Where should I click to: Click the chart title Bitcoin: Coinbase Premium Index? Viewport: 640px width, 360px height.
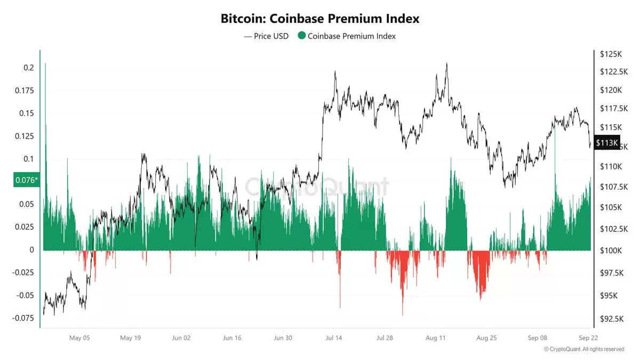[320, 19]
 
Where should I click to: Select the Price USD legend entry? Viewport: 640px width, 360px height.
[266, 36]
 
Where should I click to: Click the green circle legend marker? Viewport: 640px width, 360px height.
[301, 36]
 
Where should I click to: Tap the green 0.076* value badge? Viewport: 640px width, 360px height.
[26, 180]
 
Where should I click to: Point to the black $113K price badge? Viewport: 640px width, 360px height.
[607, 142]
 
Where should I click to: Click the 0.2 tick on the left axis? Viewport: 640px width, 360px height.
[28, 68]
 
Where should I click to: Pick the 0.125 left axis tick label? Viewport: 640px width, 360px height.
[24, 136]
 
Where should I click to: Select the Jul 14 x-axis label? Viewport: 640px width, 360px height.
[334, 338]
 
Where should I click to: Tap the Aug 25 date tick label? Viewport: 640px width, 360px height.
[486, 338]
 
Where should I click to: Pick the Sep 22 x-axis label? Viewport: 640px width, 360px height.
[589, 338]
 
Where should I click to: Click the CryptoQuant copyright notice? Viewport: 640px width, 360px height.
[583, 349]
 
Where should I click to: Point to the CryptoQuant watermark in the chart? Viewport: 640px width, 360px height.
[317, 187]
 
